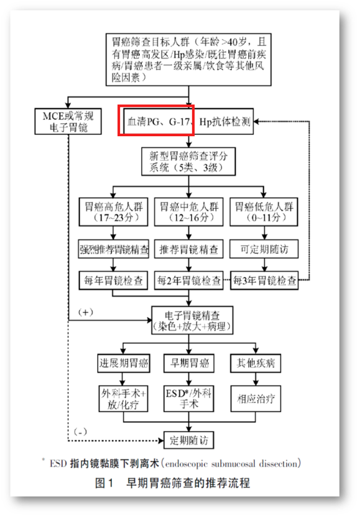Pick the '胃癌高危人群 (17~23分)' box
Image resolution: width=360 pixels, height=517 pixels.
pyautogui.click(x=114, y=212)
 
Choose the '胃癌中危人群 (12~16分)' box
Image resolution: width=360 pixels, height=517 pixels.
pyautogui.click(x=189, y=212)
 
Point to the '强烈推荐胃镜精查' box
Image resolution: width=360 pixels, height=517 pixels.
pyautogui.click(x=114, y=249)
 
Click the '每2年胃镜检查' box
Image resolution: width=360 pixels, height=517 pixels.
pyautogui.click(x=189, y=279)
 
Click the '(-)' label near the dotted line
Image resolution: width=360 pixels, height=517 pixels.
pyautogui.click(x=80, y=431)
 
